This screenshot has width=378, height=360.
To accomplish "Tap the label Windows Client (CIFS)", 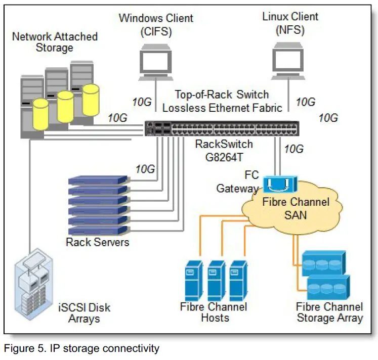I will tap(156, 25).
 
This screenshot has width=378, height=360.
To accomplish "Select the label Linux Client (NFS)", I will tap(290, 22).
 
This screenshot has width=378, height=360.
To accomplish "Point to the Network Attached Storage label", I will tap(55, 42).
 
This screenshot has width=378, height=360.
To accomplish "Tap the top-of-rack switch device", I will tap(221, 128).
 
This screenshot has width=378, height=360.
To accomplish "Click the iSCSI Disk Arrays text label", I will tap(85, 313).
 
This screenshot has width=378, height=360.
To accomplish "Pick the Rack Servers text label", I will tap(97, 242).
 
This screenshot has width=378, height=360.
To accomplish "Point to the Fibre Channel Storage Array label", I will tap(329, 312).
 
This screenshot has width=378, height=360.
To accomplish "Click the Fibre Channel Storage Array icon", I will tap(324, 276).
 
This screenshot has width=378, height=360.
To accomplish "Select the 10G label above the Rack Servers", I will tap(145, 169).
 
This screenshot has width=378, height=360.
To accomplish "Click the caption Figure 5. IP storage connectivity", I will tap(81, 348).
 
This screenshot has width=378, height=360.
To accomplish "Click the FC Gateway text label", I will tap(238, 182).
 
